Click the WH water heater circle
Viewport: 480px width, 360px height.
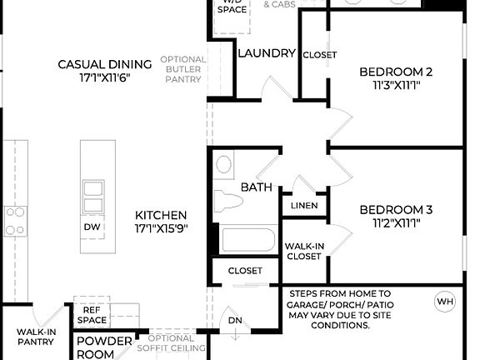[x=445, y=301]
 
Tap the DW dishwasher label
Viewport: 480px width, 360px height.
[x=92, y=227]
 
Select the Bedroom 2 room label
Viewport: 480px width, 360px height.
[x=396, y=72]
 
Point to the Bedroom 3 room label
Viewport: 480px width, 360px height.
[x=396, y=210]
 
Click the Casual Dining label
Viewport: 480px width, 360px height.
[x=104, y=64]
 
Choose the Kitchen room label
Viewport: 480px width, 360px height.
[x=161, y=215]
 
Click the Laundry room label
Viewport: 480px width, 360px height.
[x=267, y=53]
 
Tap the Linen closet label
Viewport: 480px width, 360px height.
[x=304, y=206]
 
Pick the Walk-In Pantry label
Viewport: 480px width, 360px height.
[x=36, y=337]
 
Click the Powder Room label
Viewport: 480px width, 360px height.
[x=104, y=347]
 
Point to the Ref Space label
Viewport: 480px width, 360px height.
[x=92, y=315]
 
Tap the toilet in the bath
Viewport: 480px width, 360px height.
[x=227, y=200]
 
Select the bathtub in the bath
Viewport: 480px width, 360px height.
[x=247, y=241]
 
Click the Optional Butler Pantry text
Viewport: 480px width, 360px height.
[x=182, y=70]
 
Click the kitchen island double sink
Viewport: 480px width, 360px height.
[x=92, y=196]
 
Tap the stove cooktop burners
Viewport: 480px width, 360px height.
[x=15, y=221]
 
